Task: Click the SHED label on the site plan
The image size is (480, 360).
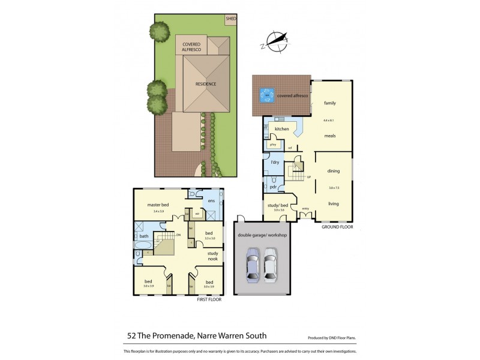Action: coord(230,19)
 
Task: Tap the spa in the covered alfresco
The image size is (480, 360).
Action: coord(266,95)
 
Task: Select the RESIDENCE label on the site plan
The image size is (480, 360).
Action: coord(205,84)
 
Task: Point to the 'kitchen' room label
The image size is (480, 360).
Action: coord(282,129)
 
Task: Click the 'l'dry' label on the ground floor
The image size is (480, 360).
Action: coord(275,163)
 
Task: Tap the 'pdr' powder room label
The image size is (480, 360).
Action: coord(273,187)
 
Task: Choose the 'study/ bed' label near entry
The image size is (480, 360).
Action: coord(278,205)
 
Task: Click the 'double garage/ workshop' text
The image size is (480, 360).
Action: coord(263,235)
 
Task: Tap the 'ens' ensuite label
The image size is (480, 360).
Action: coord(211,200)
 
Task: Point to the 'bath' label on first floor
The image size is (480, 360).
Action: coord(144,236)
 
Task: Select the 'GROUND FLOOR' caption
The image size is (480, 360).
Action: coord(337,228)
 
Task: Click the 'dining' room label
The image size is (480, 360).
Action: coord(334,172)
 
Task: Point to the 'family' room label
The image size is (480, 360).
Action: coord(330,103)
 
